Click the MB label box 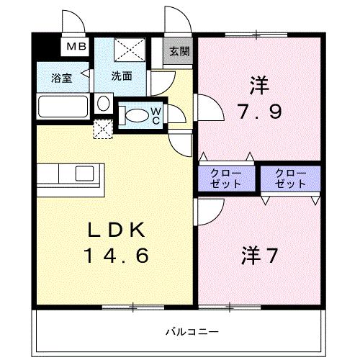click(76, 48)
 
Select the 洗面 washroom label click(121, 75)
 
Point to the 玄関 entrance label click(179, 52)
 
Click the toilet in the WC click(133, 114)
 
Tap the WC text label click(156, 115)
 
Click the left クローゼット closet click(226, 179)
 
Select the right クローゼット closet click(290, 179)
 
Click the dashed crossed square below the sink click(104, 130)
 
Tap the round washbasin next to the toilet click(102, 104)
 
